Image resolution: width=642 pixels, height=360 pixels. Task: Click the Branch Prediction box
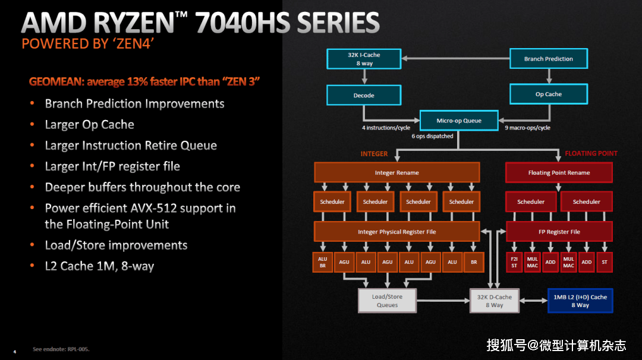pyautogui.click(x=548, y=58)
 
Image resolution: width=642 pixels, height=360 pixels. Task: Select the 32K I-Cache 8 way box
pyautogui.click(x=364, y=59)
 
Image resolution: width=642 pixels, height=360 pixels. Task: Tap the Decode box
pyautogui.click(x=364, y=95)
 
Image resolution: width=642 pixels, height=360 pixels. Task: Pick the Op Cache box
pyautogui.click(x=548, y=94)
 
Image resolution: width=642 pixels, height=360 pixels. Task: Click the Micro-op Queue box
pyautogui.click(x=459, y=121)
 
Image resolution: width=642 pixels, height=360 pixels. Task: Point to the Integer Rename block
pyautogui.click(x=396, y=173)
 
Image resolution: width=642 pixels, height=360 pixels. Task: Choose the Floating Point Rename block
pyautogui.click(x=559, y=173)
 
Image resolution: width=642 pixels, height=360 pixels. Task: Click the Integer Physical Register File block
pyautogui.click(x=396, y=232)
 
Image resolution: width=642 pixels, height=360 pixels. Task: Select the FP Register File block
pyautogui.click(x=559, y=232)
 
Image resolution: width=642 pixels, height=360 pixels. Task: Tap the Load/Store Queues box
pyautogui.click(x=388, y=301)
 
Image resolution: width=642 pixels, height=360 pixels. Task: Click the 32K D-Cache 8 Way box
pyautogui.click(x=494, y=301)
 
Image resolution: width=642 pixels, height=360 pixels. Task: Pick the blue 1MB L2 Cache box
pyautogui.click(x=580, y=301)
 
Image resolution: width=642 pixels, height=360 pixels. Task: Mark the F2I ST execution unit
pyautogui.click(x=514, y=262)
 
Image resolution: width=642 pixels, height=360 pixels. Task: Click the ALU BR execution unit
pyautogui.click(x=323, y=262)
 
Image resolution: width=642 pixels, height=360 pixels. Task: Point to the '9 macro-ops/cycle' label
pyautogui.click(x=527, y=128)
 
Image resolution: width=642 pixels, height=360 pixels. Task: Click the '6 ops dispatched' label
pyautogui.click(x=432, y=136)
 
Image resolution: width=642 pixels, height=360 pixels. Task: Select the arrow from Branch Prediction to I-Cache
pyautogui.click(x=456, y=58)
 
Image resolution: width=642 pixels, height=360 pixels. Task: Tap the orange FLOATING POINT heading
pyautogui.click(x=591, y=153)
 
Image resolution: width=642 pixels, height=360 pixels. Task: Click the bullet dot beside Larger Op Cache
pyautogui.click(x=32, y=124)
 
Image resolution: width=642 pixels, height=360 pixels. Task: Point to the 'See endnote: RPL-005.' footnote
pyautogui.click(x=61, y=349)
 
